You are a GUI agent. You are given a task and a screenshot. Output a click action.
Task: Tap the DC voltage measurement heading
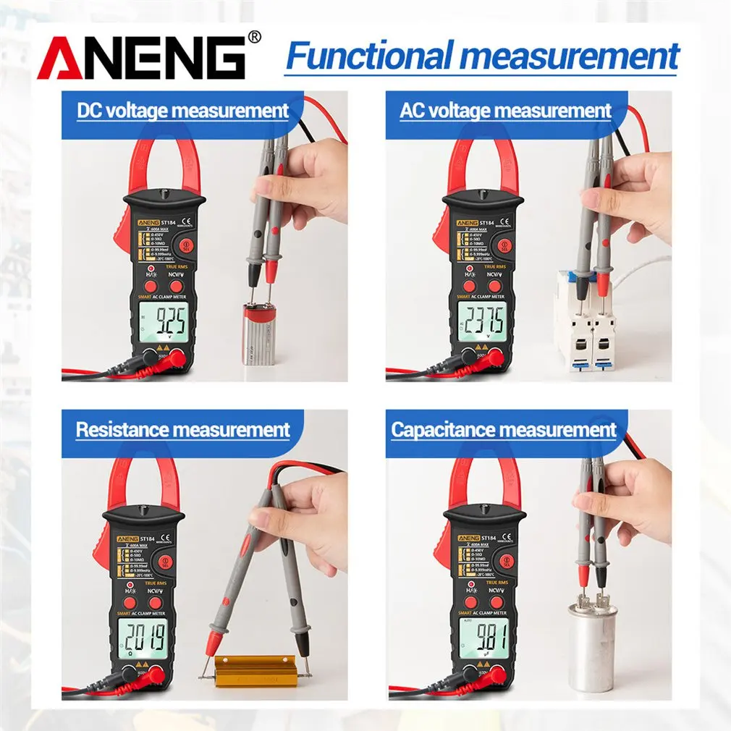(x=182, y=111)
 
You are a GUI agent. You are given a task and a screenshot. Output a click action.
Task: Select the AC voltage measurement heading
(x=505, y=111)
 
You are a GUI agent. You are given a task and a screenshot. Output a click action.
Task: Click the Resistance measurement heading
(x=182, y=429)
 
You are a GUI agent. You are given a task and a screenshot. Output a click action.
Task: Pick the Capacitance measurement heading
(x=504, y=429)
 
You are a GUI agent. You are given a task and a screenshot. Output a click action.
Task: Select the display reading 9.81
(x=483, y=638)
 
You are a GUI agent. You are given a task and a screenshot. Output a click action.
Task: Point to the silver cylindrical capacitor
(x=593, y=644)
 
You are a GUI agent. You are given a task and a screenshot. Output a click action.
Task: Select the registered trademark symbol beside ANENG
(x=254, y=36)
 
